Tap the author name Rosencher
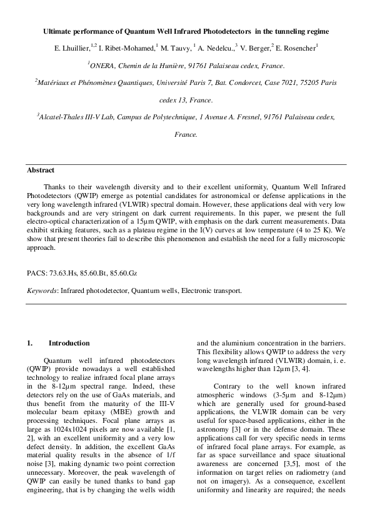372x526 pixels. click(x=299, y=47)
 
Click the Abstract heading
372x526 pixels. click(x=40, y=170)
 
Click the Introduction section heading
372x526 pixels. click(x=69, y=343)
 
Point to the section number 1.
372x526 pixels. click(x=29, y=343)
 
